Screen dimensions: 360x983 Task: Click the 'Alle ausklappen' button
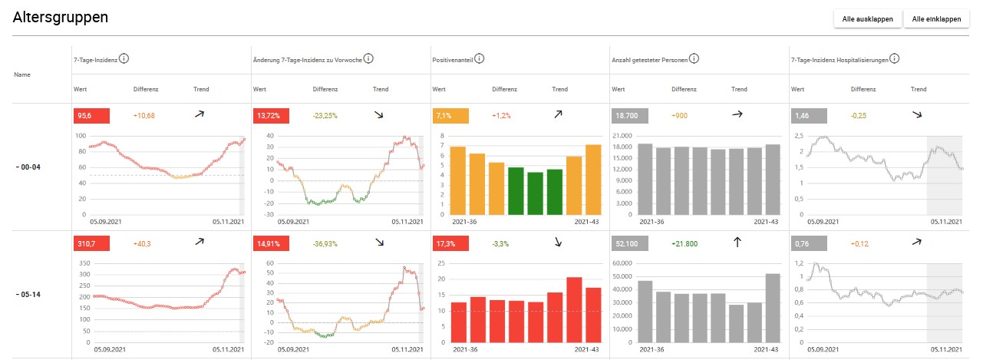tap(868, 19)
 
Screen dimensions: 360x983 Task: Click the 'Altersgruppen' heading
tap(61, 17)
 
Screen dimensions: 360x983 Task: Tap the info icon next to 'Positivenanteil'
tap(480, 58)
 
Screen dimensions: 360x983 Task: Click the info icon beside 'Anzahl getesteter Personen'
tap(694, 58)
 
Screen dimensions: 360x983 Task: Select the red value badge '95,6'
tap(91, 115)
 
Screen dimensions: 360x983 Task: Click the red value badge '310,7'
tap(91, 243)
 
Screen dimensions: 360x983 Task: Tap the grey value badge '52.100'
tap(630, 243)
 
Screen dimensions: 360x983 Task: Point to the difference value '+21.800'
tap(684, 243)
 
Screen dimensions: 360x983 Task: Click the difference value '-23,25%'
tap(326, 115)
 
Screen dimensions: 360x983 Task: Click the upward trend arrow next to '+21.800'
tap(737, 243)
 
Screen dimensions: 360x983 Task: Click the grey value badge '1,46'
tap(808, 115)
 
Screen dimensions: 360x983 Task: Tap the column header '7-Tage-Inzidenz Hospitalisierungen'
tap(840, 58)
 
